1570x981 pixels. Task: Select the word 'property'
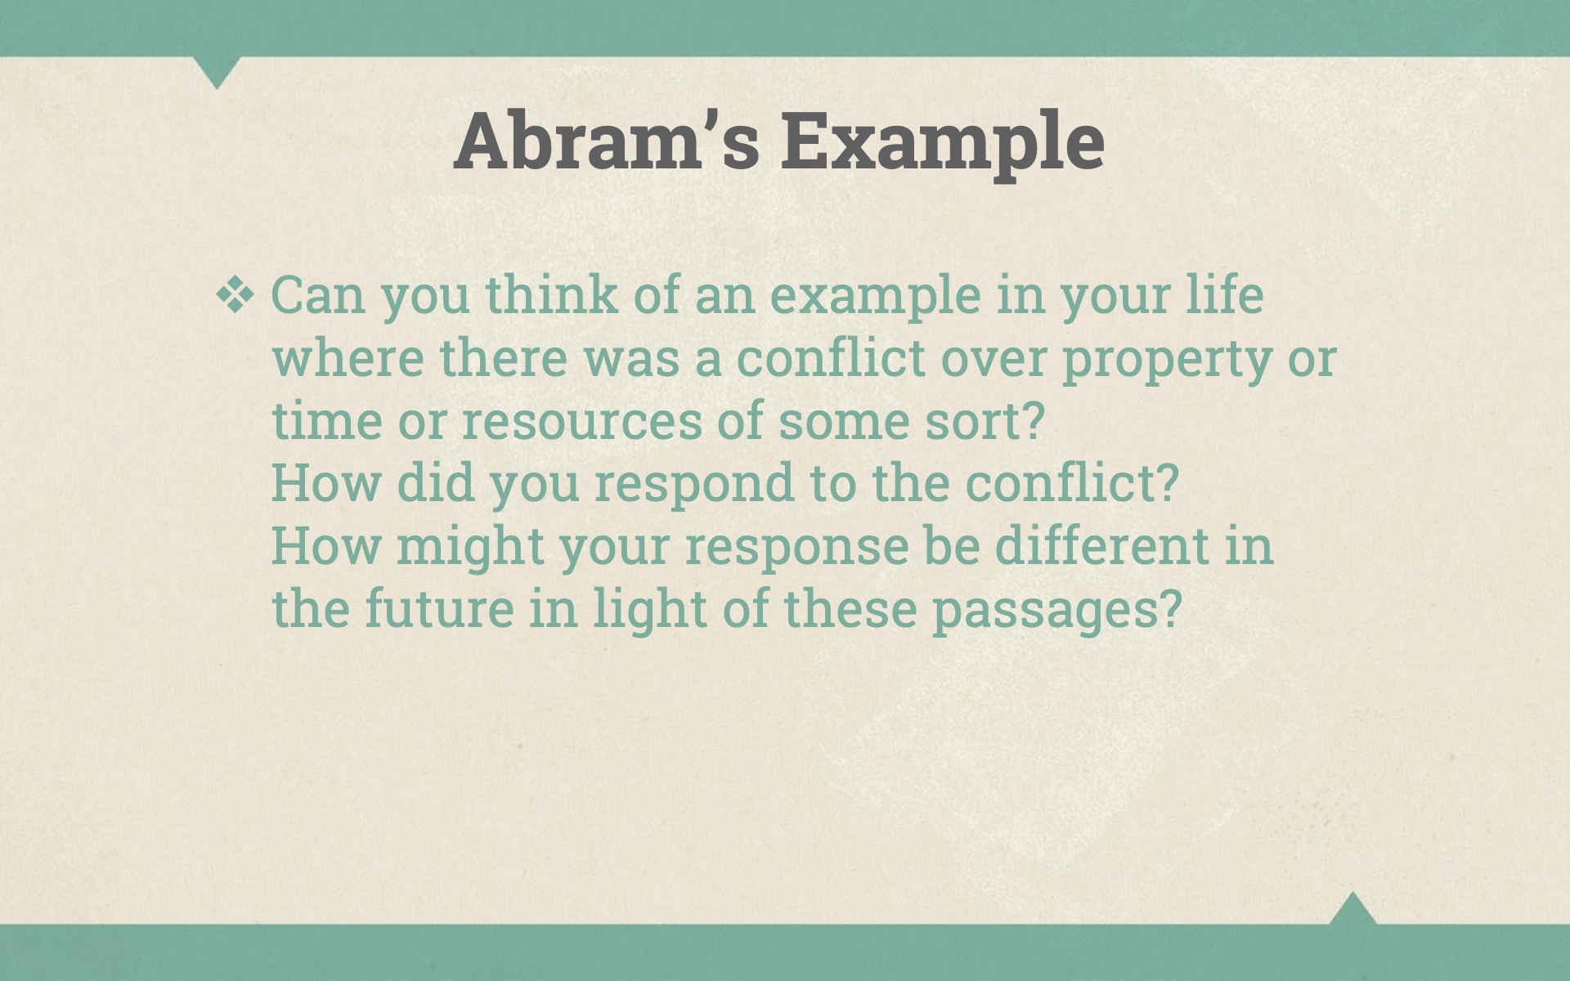coord(1167,361)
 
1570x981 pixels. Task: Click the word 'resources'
coord(581,423)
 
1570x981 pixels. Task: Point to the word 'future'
coord(439,609)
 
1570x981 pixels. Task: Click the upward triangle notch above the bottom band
coord(1352,908)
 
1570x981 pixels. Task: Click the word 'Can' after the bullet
coord(317,295)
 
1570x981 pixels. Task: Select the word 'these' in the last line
coord(850,609)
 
